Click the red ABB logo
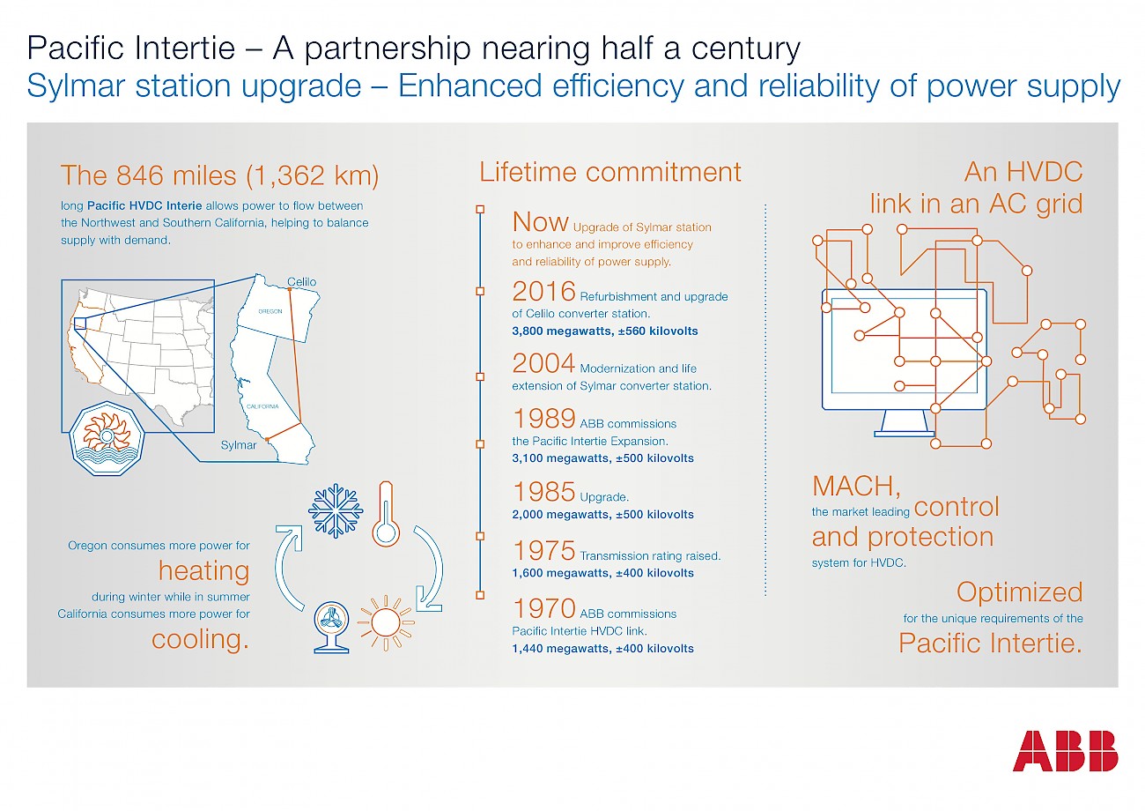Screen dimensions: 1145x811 pyautogui.click(x=1065, y=751)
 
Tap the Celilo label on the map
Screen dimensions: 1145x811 pyautogui.click(x=301, y=281)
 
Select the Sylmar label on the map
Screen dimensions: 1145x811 pyautogui.click(x=238, y=445)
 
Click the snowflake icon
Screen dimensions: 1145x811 pyautogui.click(x=336, y=510)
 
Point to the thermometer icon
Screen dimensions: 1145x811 pyautogui.click(x=386, y=514)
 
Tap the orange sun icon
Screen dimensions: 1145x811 pyautogui.click(x=386, y=622)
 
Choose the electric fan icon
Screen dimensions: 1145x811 pyautogui.click(x=331, y=628)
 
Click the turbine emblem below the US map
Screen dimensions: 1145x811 pyautogui.click(x=107, y=438)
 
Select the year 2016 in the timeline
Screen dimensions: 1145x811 pyautogui.click(x=544, y=291)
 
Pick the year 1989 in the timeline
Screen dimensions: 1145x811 pyautogui.click(x=544, y=418)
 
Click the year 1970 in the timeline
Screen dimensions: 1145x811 pyautogui.click(x=544, y=608)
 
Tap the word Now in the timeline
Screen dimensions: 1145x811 pyautogui.click(x=540, y=221)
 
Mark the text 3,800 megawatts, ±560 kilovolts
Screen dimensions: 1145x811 pyautogui.click(x=605, y=331)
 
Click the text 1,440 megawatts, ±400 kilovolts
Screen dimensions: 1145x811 pyautogui.click(x=602, y=649)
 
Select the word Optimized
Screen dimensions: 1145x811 pyautogui.click(x=1019, y=593)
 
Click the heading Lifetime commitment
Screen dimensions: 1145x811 pyautogui.click(x=609, y=172)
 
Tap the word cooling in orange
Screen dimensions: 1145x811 pyautogui.click(x=201, y=640)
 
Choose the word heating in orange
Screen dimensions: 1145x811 pyautogui.click(x=203, y=570)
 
